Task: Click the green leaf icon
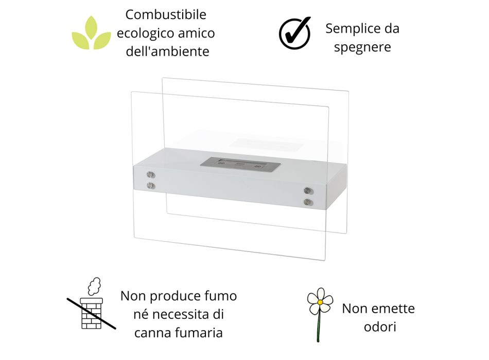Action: click(91, 33)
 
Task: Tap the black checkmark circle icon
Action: click(295, 33)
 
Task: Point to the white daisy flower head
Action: click(320, 301)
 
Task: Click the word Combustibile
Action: click(166, 14)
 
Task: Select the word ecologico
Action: click(145, 33)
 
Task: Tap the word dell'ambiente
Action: click(167, 51)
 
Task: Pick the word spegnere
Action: click(362, 48)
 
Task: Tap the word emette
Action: click(395, 309)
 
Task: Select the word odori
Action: click(380, 327)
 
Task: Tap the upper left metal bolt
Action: click(151, 174)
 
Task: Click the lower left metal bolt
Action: click(151, 186)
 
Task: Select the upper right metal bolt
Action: click(308, 191)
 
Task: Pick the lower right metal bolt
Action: click(308, 202)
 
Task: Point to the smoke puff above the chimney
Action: click(94, 286)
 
